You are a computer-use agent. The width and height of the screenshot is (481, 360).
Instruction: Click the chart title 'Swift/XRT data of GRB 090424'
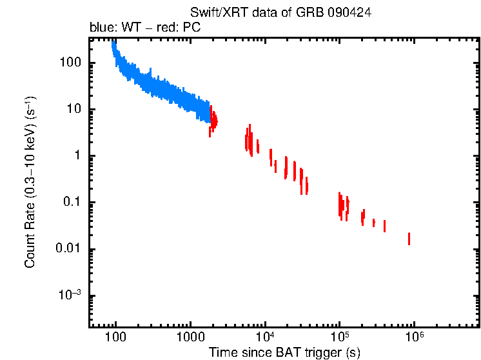click(x=280, y=14)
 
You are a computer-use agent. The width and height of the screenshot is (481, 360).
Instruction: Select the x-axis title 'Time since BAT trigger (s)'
click(x=284, y=352)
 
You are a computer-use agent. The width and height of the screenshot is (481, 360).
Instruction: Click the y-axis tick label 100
click(x=69, y=63)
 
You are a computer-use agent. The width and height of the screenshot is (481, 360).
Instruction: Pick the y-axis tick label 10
click(x=72, y=110)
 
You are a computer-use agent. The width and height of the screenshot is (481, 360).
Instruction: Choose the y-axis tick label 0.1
click(x=70, y=203)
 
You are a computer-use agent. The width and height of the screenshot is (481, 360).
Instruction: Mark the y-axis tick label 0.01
click(x=67, y=250)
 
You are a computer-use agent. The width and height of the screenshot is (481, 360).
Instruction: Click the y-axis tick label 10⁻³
click(x=70, y=295)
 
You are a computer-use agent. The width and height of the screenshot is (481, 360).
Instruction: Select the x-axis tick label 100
click(x=115, y=337)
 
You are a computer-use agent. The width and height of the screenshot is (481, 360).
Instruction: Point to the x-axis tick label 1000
click(x=190, y=337)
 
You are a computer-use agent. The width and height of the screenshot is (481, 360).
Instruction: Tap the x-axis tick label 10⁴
click(x=265, y=337)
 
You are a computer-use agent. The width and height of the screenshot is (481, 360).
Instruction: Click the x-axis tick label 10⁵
click(x=339, y=337)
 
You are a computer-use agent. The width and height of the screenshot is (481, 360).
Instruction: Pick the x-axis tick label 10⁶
click(x=414, y=337)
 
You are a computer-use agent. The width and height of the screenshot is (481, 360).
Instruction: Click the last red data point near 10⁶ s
click(x=409, y=239)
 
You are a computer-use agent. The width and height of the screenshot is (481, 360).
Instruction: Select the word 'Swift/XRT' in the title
click(x=214, y=14)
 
